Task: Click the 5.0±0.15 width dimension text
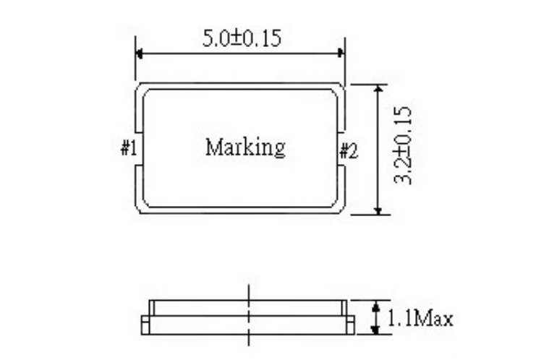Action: click(x=241, y=38)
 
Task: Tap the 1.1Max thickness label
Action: click(x=420, y=318)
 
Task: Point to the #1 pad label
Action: click(x=129, y=149)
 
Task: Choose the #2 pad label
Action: click(x=349, y=150)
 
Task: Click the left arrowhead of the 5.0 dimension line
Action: click(x=140, y=53)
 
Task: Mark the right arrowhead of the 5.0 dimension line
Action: click(x=339, y=53)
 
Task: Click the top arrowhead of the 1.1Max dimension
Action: click(x=375, y=305)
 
